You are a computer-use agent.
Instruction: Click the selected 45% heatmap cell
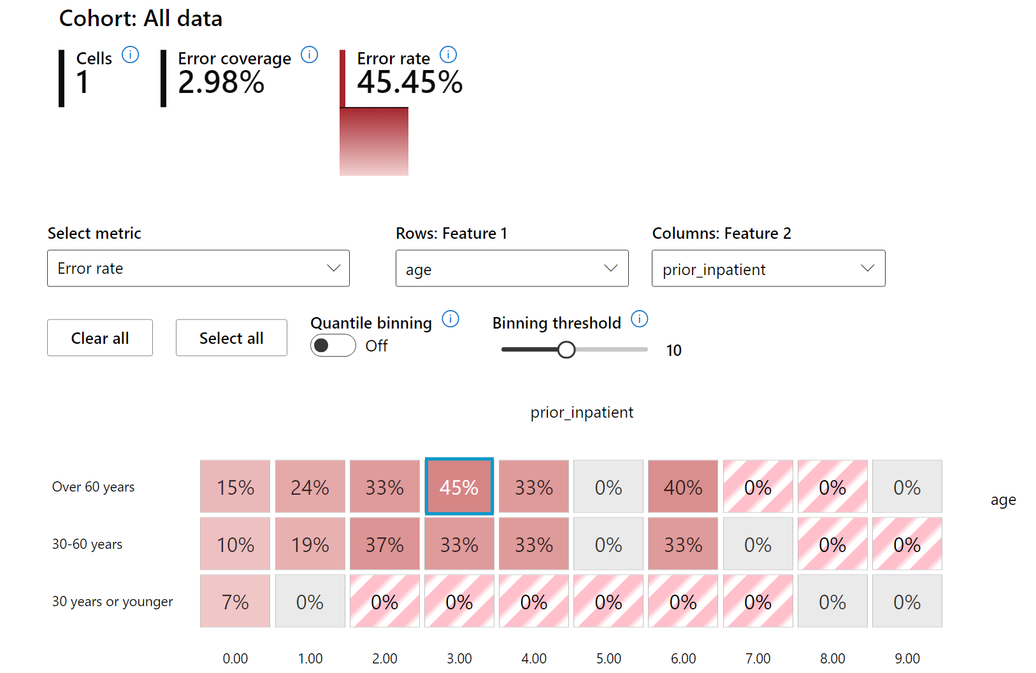pyautogui.click(x=459, y=486)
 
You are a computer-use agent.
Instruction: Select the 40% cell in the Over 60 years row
pyautogui.click(x=682, y=486)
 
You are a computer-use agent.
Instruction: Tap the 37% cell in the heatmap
pyautogui.click(x=384, y=544)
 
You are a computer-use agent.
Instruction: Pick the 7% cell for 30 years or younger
pyautogui.click(x=235, y=601)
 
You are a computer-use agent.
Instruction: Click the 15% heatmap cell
pyautogui.click(x=235, y=486)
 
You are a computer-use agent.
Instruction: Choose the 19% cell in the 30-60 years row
pyautogui.click(x=310, y=544)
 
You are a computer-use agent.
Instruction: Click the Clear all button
pyautogui.click(x=100, y=337)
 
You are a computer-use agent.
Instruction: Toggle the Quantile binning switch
pyautogui.click(x=333, y=346)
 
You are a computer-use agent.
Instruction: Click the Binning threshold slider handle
pyautogui.click(x=566, y=350)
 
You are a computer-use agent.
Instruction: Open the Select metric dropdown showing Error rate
pyautogui.click(x=198, y=268)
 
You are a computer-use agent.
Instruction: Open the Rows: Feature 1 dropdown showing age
pyautogui.click(x=512, y=269)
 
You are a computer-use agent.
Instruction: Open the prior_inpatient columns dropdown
pyautogui.click(x=768, y=269)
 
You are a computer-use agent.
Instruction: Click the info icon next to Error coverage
pyautogui.click(x=310, y=55)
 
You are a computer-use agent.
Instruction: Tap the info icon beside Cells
pyautogui.click(x=131, y=55)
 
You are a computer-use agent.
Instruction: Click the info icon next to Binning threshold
pyautogui.click(x=639, y=319)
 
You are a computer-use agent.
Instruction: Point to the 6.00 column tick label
pyautogui.click(x=683, y=658)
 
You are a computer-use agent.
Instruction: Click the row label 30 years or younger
pyautogui.click(x=112, y=602)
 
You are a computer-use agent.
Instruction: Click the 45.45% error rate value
pyautogui.click(x=410, y=83)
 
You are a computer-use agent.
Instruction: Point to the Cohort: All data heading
pyautogui.click(x=141, y=18)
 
